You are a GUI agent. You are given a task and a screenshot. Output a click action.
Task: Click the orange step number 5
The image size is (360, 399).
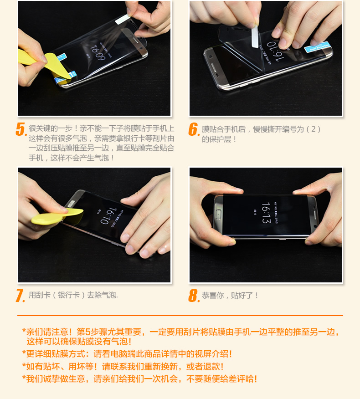click(x=21, y=129)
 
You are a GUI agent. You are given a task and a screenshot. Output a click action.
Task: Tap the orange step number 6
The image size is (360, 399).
click(x=194, y=129)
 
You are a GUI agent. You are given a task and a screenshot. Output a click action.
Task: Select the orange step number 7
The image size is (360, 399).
click(x=21, y=296)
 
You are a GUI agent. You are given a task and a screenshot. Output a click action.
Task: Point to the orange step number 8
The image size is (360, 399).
click(x=194, y=296)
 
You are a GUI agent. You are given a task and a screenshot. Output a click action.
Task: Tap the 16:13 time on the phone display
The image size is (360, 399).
click(x=266, y=212)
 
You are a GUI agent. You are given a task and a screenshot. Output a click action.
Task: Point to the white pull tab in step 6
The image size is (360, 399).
click(x=255, y=37)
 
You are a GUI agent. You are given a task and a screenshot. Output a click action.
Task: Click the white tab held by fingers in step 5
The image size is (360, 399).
click(x=123, y=19)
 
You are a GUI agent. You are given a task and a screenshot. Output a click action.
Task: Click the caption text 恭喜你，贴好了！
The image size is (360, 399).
click(x=230, y=295)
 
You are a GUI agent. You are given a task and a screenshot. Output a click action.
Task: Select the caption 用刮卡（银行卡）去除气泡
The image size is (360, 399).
click(x=73, y=295)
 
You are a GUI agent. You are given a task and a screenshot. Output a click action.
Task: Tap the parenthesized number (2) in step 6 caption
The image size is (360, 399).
click(x=313, y=129)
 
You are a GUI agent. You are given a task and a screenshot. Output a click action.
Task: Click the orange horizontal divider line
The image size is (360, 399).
click(x=180, y=316)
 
